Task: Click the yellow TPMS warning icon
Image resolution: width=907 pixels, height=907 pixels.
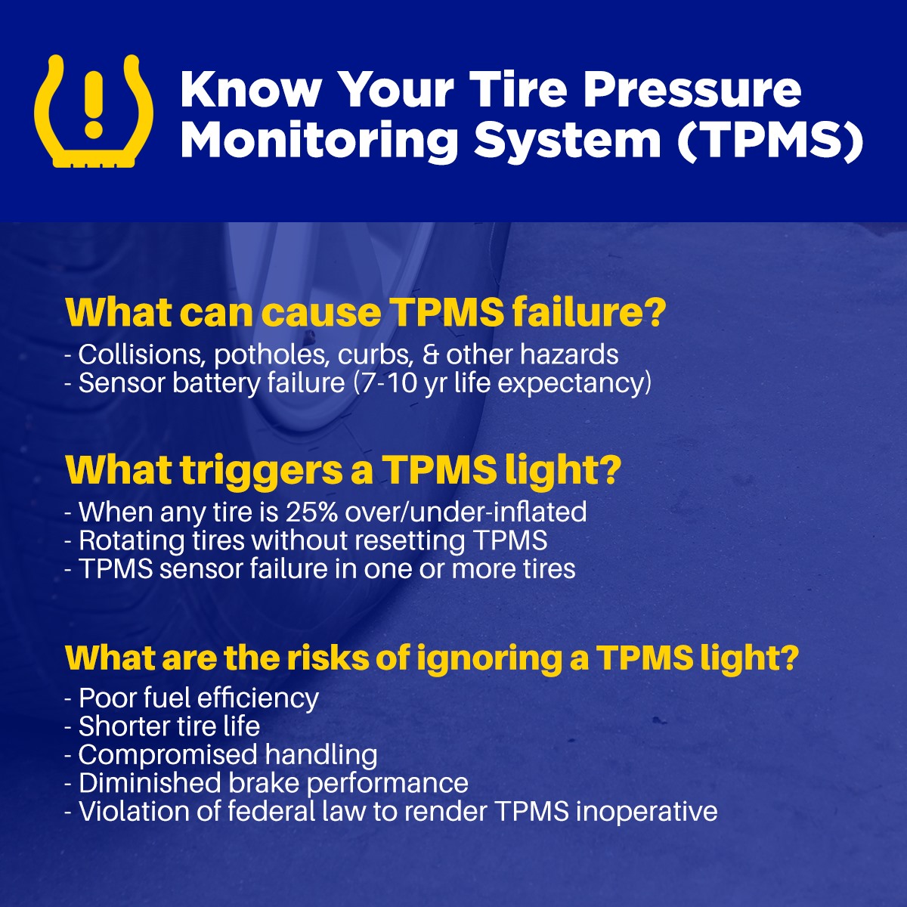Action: pyautogui.click(x=94, y=110)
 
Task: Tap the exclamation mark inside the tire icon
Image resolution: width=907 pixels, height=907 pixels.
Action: pyautogui.click(x=94, y=105)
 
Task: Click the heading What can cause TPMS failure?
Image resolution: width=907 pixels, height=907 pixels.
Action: pyautogui.click(x=365, y=313)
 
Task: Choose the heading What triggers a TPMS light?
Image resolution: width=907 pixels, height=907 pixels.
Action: pyautogui.click(x=343, y=469)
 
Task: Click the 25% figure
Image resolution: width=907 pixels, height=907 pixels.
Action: pyautogui.click(x=311, y=512)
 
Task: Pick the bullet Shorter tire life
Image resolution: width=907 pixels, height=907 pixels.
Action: pyautogui.click(x=169, y=726)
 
